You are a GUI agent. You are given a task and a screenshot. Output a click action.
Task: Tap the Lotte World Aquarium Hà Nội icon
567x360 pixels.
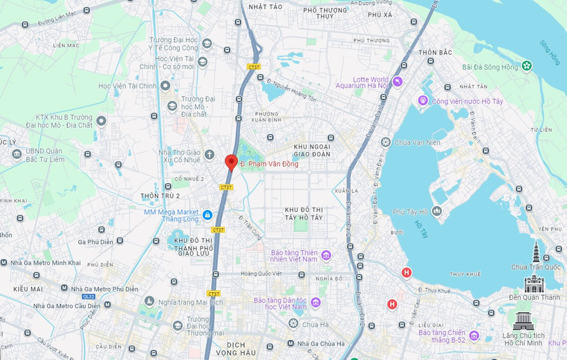[397, 82]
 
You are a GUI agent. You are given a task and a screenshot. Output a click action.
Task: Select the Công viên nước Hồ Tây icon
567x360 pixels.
[422, 102]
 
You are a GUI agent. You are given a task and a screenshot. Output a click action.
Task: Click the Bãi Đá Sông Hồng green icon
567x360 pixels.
[527, 66]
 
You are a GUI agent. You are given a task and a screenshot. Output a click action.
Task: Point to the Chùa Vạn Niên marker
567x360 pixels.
[385, 142]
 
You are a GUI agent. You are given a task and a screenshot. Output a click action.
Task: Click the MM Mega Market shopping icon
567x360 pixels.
[207, 214]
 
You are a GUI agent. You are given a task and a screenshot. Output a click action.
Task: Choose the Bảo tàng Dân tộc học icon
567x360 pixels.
[315, 303]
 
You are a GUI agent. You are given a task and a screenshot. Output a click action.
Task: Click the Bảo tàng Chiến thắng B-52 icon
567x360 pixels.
[474, 336]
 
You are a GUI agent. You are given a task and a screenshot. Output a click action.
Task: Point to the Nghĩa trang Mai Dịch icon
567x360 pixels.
[149, 301]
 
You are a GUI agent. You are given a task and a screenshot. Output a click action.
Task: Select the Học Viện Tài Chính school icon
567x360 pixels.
[165, 86]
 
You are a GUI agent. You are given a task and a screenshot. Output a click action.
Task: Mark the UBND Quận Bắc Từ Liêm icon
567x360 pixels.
[17, 153]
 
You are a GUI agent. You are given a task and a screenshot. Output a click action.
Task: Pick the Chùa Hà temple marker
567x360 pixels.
[294, 323]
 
